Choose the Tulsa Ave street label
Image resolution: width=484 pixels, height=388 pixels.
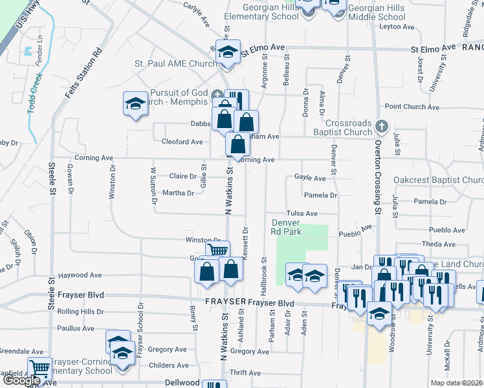tap(302, 213)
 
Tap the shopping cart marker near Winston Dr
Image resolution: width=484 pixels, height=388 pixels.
tap(218, 250)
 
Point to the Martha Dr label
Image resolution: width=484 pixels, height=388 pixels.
tap(178, 193)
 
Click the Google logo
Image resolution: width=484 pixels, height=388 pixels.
tap(21, 380)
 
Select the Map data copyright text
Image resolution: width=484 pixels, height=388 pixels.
tap(456, 383)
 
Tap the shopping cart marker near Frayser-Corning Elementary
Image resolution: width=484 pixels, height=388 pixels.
tap(39, 369)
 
